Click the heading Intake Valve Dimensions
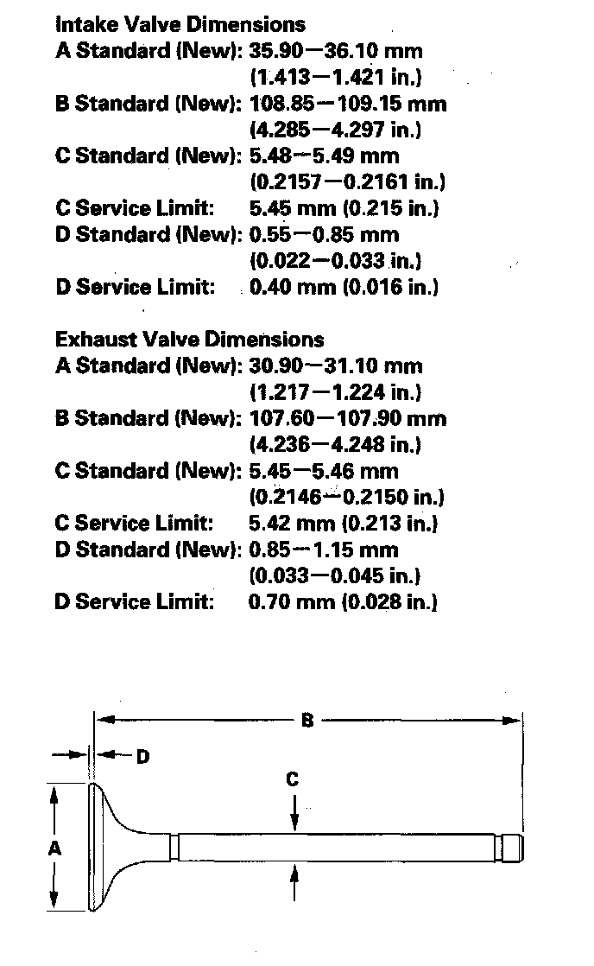180,24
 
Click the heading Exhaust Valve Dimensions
189,340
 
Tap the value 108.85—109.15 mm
348,104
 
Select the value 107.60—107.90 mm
348,418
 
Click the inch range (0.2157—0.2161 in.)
347,182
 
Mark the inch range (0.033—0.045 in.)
335,575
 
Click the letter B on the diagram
306,720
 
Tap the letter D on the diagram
142,757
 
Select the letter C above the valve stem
293,779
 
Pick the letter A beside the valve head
54,848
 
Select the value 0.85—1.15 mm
324,550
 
